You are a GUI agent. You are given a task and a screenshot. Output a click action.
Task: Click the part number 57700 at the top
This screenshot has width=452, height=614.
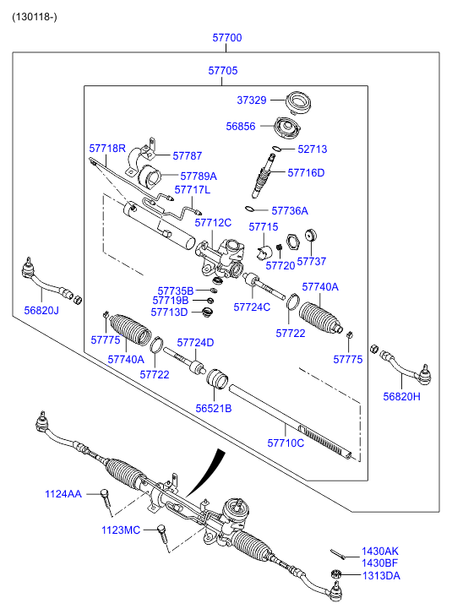(227, 38)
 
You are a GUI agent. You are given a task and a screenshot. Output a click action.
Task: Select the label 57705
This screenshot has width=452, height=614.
(223, 70)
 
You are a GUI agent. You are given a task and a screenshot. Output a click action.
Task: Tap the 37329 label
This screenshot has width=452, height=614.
(252, 101)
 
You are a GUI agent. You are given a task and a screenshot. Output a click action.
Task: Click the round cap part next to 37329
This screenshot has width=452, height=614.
(298, 102)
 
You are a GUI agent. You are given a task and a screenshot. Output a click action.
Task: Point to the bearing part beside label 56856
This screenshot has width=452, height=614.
(287, 128)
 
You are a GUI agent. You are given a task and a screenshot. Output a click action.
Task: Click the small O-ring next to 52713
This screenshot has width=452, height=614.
(276, 149)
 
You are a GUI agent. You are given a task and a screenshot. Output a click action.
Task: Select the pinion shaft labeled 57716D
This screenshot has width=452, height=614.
(264, 177)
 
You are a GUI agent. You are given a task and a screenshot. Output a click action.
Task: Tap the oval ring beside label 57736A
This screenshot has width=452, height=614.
(249, 209)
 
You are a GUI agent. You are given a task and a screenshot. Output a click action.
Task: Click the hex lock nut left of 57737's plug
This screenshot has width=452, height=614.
(292, 242)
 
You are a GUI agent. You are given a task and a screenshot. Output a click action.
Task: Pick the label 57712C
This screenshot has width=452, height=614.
(213, 223)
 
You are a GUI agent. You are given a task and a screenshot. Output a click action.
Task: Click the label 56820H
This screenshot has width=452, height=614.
(401, 397)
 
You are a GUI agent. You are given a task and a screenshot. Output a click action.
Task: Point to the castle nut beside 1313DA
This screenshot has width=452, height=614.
(335, 574)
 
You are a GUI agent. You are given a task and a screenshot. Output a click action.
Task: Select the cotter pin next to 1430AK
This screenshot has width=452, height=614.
(337, 554)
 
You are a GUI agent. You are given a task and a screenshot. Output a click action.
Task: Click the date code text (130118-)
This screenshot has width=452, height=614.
(35, 17)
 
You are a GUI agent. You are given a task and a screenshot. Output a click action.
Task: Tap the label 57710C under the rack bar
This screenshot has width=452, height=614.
(286, 443)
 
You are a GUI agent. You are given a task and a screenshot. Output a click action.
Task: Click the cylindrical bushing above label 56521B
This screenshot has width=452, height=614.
(217, 379)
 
